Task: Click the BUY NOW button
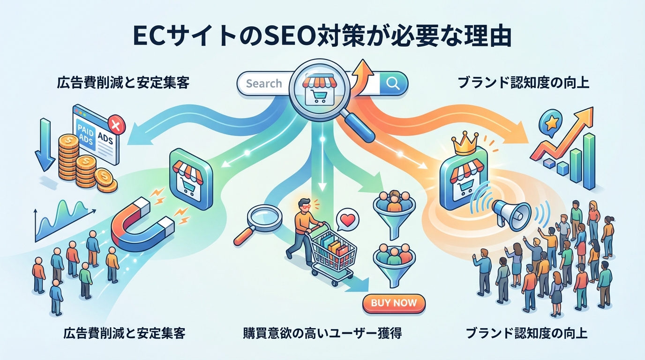point(393,303)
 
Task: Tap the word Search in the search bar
point(264,84)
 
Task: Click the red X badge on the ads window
point(114,124)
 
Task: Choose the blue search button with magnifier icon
point(393,83)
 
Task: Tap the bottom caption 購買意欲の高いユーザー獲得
point(322,334)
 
